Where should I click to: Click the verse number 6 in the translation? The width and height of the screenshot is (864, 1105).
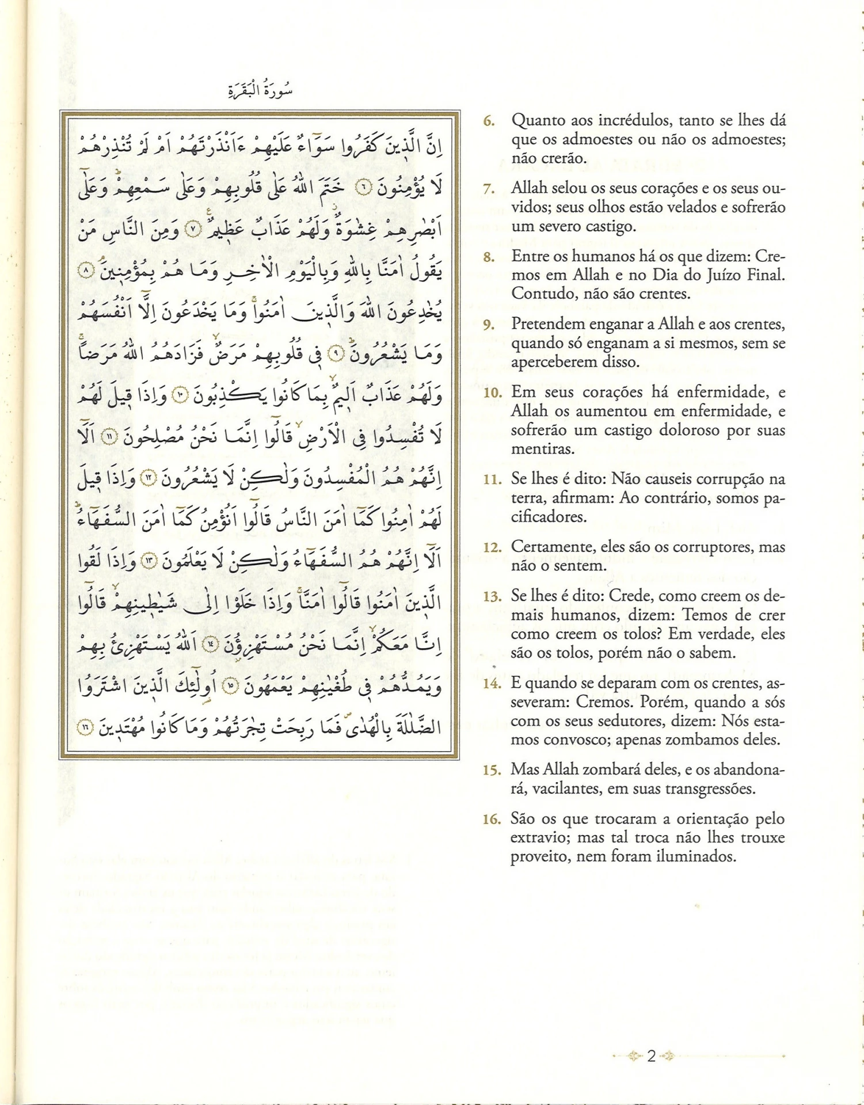point(489,121)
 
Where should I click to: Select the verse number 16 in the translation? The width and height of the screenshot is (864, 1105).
point(492,820)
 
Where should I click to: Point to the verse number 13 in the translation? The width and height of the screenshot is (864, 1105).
point(492,596)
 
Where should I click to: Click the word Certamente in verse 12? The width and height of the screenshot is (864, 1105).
point(552,547)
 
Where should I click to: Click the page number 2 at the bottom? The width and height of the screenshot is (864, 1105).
point(651,1056)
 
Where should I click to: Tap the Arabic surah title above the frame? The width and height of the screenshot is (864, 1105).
point(260,90)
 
